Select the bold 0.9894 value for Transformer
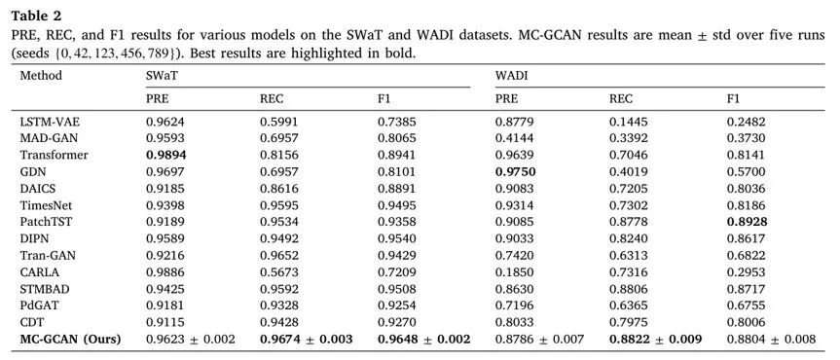(x=163, y=156)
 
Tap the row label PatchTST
(x=42, y=222)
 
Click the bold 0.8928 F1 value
(x=747, y=222)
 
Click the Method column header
(x=41, y=76)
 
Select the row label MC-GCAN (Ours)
(x=70, y=340)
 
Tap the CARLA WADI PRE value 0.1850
(x=514, y=272)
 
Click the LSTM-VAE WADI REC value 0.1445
(x=627, y=122)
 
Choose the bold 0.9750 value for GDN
(x=516, y=172)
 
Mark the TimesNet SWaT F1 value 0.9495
(x=396, y=205)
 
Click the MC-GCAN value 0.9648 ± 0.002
(x=424, y=340)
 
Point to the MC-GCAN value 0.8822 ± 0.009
(x=655, y=340)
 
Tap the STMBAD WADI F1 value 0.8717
(x=746, y=289)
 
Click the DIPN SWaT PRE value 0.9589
(x=164, y=239)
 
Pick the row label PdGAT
(x=38, y=306)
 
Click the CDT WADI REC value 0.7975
(x=627, y=322)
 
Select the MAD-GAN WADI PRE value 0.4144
(x=514, y=139)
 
